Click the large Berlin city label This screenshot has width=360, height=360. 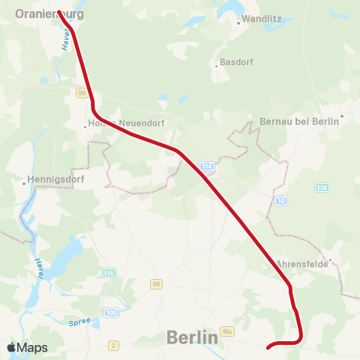pos(192,337)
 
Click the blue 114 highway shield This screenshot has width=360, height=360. pos(207,166)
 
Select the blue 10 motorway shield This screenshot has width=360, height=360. pos(281,201)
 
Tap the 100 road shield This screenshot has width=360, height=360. pos(112,312)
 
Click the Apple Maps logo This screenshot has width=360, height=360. pos(27,347)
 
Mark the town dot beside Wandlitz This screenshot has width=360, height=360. pos(238,22)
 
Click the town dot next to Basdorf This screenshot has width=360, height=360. pos(216,65)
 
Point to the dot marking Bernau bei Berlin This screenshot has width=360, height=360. pos(341,116)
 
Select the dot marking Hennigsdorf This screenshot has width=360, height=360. pos(23,180)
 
